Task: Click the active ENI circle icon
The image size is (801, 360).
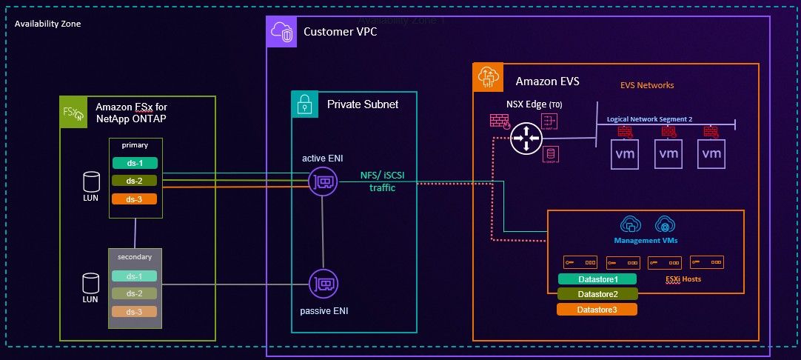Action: [324, 181]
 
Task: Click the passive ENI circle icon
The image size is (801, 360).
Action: [324, 284]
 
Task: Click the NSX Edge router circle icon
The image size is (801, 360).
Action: [526, 138]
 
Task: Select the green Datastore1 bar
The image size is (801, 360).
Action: [597, 279]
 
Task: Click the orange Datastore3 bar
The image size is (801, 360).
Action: [597, 309]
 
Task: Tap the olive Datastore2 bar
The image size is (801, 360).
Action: [597, 294]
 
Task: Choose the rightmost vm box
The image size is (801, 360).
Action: [711, 154]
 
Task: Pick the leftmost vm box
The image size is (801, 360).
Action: [624, 154]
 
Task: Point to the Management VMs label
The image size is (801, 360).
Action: [646, 241]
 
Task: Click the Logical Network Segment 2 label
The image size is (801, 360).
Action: [649, 119]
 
